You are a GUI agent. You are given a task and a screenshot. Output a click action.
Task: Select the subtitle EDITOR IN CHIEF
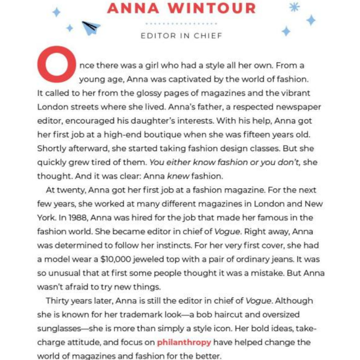click(x=181, y=36)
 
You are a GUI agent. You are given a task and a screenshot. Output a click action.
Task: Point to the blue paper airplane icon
click(x=91, y=27)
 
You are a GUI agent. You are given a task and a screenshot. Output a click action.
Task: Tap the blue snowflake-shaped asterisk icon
click(x=294, y=7)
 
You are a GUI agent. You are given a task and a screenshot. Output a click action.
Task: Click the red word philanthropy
click(x=184, y=342)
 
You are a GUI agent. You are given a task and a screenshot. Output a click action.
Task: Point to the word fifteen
click(x=246, y=135)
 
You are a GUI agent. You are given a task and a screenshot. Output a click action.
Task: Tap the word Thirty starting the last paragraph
click(x=58, y=301)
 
